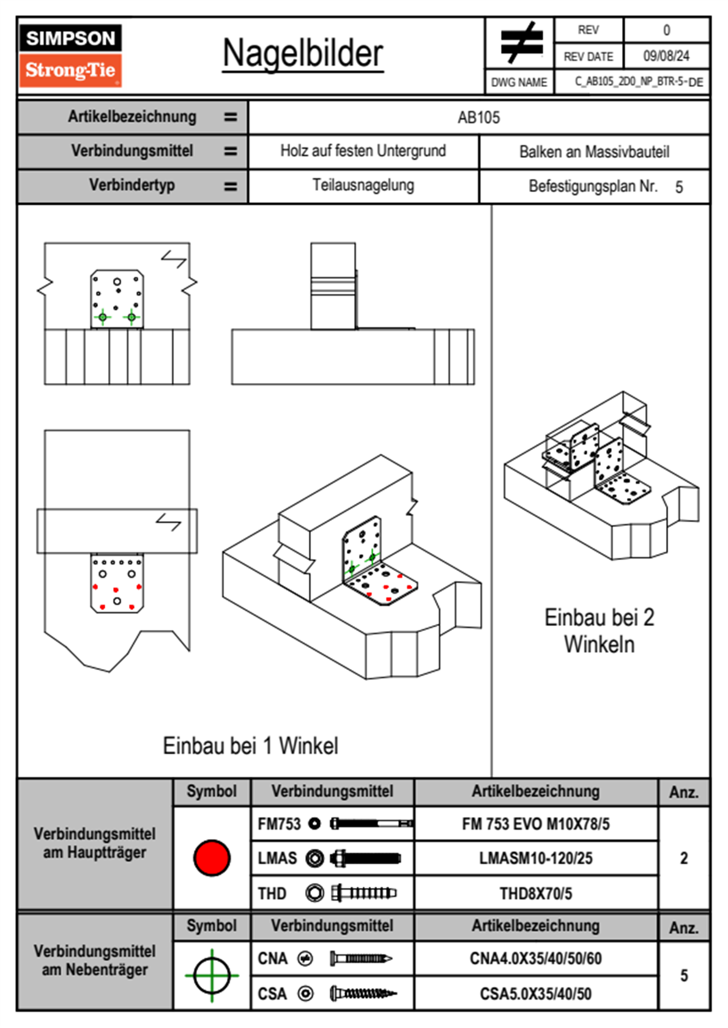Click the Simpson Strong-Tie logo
click(x=70, y=55)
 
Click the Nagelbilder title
click(x=303, y=53)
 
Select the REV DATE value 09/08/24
click(x=666, y=56)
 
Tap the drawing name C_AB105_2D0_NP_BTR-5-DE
click(x=638, y=82)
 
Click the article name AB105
click(x=478, y=117)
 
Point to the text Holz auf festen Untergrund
click(x=363, y=151)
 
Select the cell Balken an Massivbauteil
click(x=594, y=152)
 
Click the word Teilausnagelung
click(x=363, y=185)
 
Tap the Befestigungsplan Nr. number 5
click(x=679, y=187)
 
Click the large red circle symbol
click(x=212, y=857)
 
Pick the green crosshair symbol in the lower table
click(x=212, y=975)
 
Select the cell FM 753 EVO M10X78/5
click(x=535, y=824)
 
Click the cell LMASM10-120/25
click(x=535, y=858)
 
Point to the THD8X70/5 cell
click(x=535, y=894)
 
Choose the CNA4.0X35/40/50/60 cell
click(x=535, y=958)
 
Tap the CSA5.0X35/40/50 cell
click(x=535, y=994)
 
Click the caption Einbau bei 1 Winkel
click(x=250, y=746)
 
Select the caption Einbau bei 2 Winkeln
click(x=599, y=631)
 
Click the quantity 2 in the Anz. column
click(x=684, y=858)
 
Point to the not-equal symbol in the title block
click(x=521, y=43)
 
